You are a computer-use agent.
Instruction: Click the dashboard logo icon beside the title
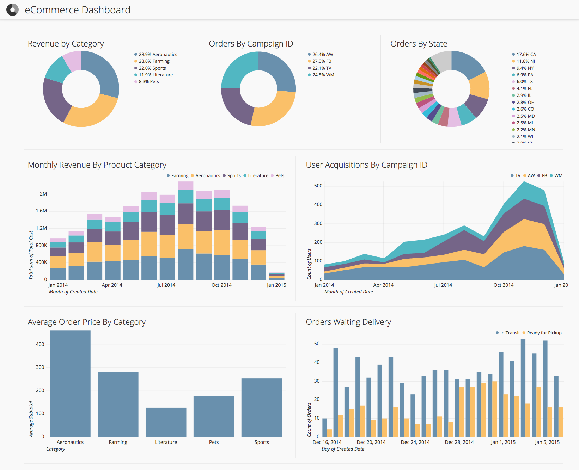(x=12, y=10)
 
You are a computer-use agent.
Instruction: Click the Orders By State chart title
(x=419, y=44)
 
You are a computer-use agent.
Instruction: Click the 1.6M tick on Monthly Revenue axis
(x=41, y=211)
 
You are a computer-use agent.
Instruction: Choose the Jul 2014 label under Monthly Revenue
(x=166, y=285)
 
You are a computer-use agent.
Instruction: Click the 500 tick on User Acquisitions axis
(x=318, y=186)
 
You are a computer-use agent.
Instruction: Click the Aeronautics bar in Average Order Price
(x=70, y=384)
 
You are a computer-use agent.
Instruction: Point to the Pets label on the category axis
(x=214, y=442)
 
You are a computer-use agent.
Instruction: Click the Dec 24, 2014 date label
(x=415, y=442)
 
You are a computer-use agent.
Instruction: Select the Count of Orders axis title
(x=309, y=420)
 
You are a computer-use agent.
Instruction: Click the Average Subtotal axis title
(x=31, y=419)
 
